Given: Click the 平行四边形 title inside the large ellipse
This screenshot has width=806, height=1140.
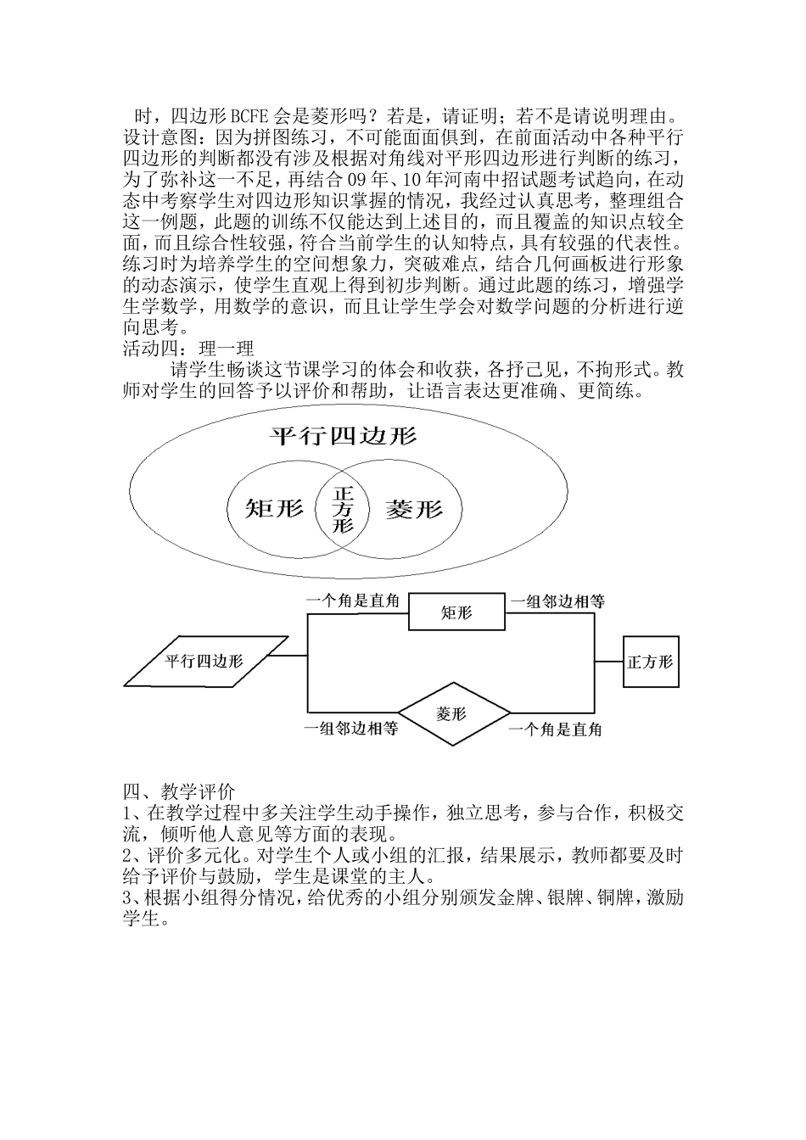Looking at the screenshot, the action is [343, 436].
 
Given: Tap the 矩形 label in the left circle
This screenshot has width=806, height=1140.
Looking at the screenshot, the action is [274, 509].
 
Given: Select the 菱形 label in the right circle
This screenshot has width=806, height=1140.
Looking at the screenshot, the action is [414, 509].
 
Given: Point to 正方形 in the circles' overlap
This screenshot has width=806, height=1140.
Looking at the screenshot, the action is [343, 509].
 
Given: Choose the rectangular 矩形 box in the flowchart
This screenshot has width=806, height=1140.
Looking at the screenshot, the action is [456, 612].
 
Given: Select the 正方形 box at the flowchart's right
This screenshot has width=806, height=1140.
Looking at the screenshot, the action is [650, 662].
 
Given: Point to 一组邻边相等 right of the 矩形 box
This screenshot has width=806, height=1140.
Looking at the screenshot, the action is [557, 601].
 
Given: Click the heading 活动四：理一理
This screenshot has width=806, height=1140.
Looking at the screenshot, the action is [188, 348].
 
